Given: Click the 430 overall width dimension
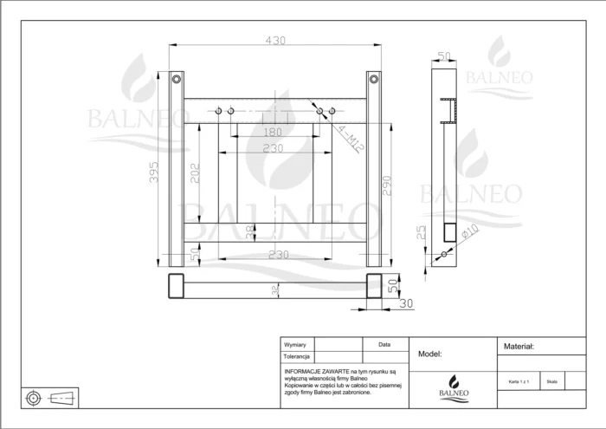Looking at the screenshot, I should (x=274, y=41).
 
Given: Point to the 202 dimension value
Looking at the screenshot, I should (x=196, y=172).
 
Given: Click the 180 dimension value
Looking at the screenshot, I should (x=272, y=132).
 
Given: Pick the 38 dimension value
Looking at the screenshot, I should (x=250, y=231).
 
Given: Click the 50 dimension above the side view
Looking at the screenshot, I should (x=445, y=56).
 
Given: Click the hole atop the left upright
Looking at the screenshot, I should (x=177, y=79).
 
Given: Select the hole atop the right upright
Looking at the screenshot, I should (x=373, y=79).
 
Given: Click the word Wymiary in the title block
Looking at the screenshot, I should (x=296, y=345).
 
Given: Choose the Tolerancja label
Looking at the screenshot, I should (x=298, y=356).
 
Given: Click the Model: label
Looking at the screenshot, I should (x=430, y=354).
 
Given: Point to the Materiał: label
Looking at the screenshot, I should (x=519, y=346).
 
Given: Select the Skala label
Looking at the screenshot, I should (x=552, y=380).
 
